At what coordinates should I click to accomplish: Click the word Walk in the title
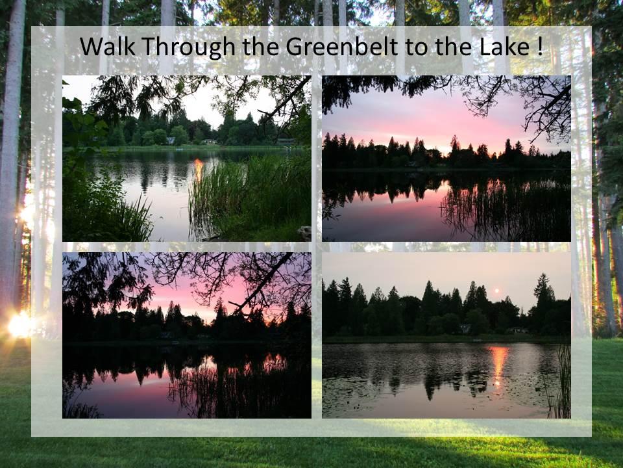[107, 46]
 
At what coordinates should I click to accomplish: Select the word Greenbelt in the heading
[342, 47]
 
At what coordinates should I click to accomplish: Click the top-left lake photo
[187, 159]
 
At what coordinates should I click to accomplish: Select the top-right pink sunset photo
[446, 159]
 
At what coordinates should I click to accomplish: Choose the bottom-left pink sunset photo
[187, 335]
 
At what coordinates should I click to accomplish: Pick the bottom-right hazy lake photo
[446, 335]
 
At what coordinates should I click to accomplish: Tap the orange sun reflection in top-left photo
[199, 169]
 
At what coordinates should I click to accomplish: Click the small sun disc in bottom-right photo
[496, 291]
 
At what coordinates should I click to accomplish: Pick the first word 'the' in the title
[261, 46]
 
